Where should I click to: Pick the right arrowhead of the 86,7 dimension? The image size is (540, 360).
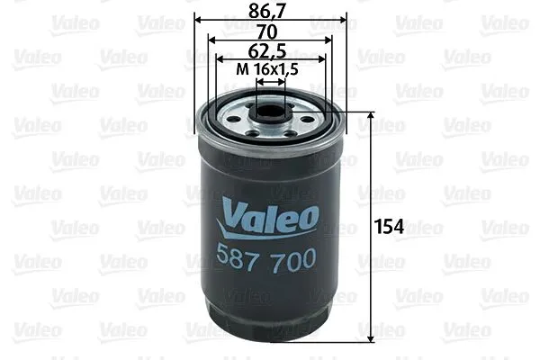coord(344,19)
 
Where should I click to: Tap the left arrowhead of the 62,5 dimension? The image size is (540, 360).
coord(218,58)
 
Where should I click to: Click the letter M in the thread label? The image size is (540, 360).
coord(240,68)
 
